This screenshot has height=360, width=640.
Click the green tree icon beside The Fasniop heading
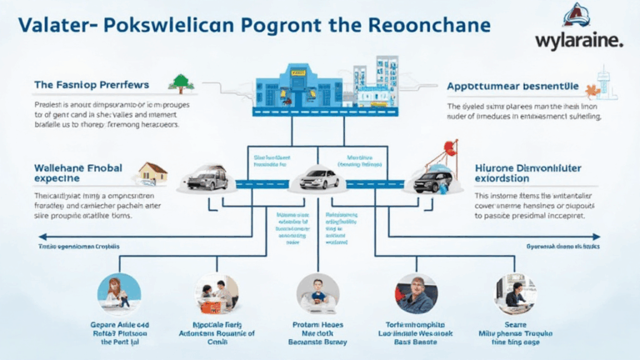coord(181,82)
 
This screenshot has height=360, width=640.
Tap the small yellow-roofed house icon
coord(152,172)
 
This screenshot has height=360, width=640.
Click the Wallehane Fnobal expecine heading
coord(78,172)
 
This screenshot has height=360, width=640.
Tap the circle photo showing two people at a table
coord(217,293)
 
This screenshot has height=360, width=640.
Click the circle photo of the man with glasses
coord(417,293)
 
